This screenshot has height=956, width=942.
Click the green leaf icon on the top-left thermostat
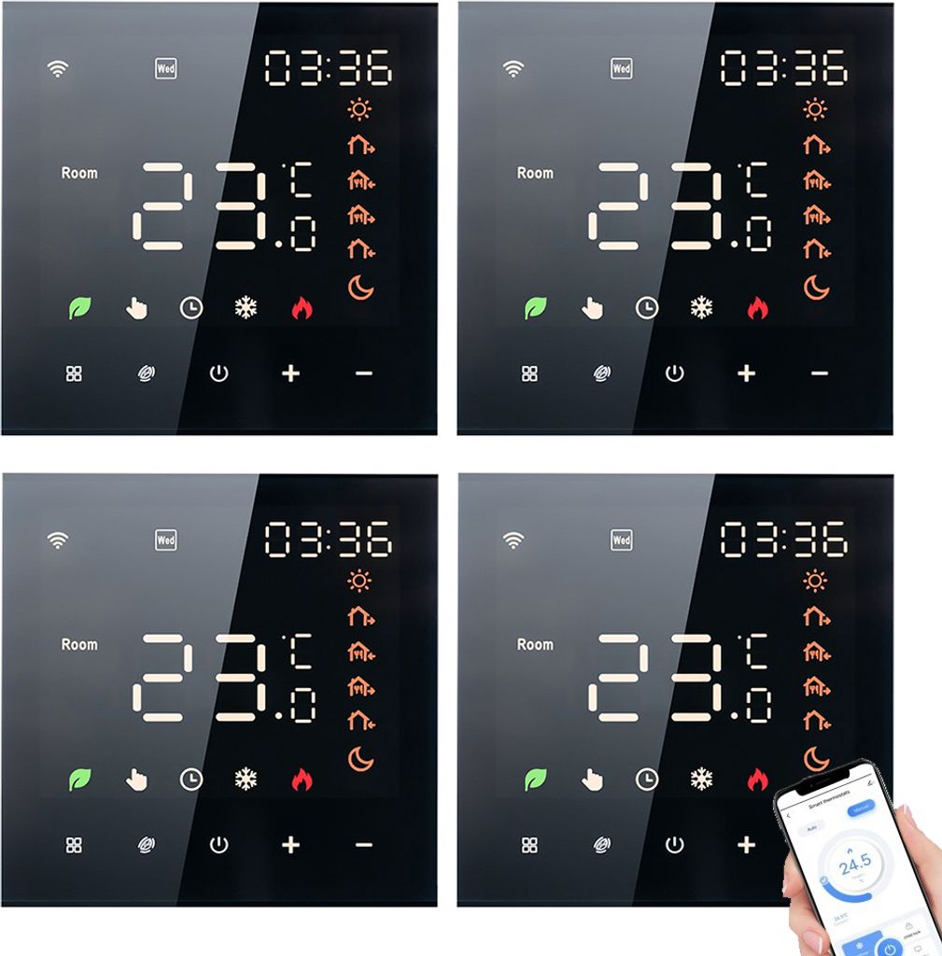(x=80, y=308)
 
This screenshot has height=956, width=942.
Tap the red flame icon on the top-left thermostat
(x=301, y=308)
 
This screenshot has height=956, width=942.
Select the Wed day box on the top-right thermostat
(x=621, y=68)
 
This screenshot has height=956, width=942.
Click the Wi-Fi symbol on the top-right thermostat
(x=513, y=68)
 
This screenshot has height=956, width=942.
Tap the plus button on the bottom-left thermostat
(x=291, y=845)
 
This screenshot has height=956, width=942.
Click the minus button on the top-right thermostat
(x=820, y=373)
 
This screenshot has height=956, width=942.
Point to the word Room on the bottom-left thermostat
(x=79, y=644)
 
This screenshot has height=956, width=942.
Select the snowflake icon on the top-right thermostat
(x=701, y=308)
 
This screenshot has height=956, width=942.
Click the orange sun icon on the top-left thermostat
(x=359, y=110)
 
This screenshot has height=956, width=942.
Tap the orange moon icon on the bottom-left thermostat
(x=360, y=758)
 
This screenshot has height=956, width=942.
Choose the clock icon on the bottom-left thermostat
(x=191, y=779)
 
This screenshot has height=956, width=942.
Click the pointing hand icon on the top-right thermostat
(x=592, y=308)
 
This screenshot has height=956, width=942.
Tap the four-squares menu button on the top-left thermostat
(x=74, y=373)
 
